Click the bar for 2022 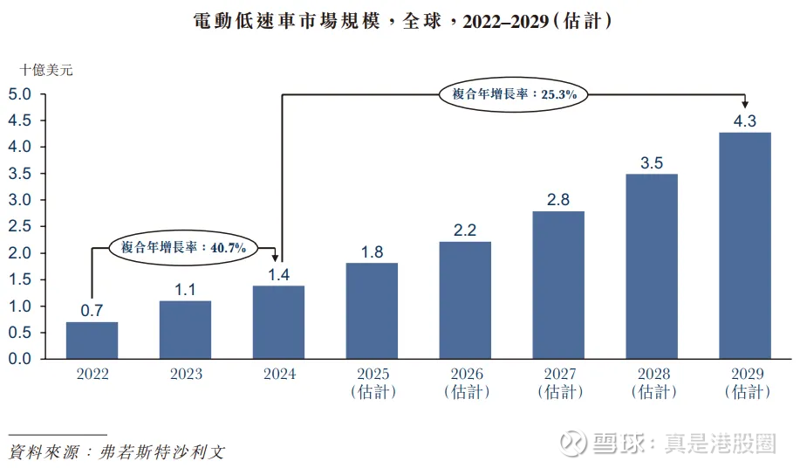[x=92, y=341]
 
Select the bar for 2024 [x=278, y=322]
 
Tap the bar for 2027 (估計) [x=558, y=285]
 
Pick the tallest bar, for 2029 [x=744, y=245]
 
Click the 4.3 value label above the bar [x=744, y=121]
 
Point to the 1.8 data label [x=372, y=252]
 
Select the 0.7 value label [x=92, y=311]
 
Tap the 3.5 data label [x=652, y=162]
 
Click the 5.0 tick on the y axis [x=20, y=93]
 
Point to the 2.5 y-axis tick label [x=20, y=226]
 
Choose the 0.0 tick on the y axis [x=20, y=359]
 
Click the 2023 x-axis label [x=185, y=374]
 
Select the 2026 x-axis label [x=465, y=382]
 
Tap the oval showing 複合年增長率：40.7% [x=183, y=248]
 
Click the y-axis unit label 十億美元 [x=47, y=70]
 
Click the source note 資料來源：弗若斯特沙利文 [x=116, y=453]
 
